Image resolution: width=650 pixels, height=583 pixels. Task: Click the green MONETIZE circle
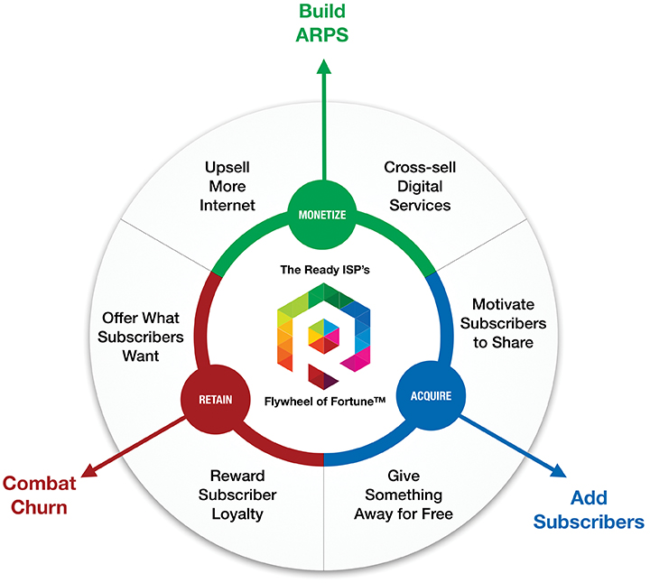tap(322, 215)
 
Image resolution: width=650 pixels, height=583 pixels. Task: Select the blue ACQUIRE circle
tap(426, 394)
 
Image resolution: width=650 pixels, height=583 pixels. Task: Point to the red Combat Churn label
tap(35, 495)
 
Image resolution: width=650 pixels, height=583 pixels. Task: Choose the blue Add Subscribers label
tap(588, 510)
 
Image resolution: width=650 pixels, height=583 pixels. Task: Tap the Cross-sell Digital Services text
tap(416, 186)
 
